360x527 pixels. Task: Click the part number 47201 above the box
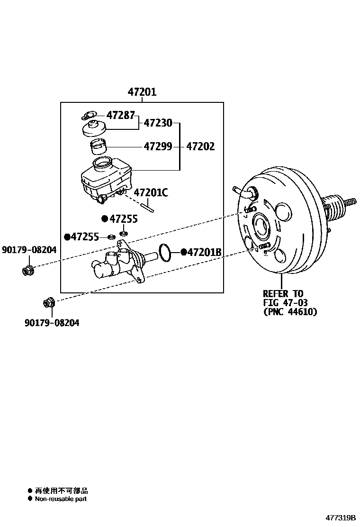142,92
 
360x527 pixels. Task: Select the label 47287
121,115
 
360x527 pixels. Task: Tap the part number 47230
158,123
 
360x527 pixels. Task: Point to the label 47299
158,146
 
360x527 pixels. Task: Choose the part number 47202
200,146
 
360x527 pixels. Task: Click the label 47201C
151,192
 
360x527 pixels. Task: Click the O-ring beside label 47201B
164,253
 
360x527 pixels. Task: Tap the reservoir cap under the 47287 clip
94,128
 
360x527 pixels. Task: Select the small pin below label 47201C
148,206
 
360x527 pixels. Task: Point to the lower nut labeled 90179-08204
49,302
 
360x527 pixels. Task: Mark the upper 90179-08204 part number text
29,250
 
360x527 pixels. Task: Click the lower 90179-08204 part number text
52,323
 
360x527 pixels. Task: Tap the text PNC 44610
290,312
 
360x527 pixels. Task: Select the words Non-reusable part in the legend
61,499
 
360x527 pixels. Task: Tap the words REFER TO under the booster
283,293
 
